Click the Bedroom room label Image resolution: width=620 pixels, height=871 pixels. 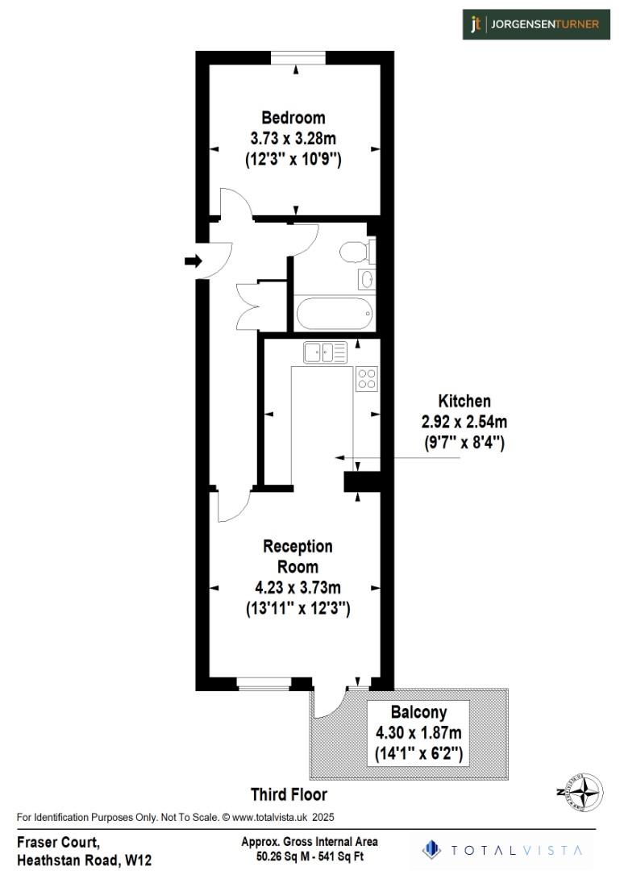pos(293,119)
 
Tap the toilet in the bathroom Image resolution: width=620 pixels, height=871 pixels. pos(354,252)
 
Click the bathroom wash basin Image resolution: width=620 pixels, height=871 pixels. pos(365,280)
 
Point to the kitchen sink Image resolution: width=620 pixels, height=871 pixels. pos(325,352)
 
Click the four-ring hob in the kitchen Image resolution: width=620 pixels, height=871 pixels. pos(367,378)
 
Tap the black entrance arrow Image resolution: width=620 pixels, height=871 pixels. pos(193,260)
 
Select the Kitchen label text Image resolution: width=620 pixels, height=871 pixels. pos(464,401)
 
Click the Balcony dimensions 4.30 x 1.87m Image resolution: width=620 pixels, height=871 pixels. pos(418,733)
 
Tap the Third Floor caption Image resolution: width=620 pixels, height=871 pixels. pos(289,794)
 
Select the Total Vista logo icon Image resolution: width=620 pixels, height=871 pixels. pos(433,849)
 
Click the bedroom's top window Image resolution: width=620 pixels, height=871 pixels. pos(298,56)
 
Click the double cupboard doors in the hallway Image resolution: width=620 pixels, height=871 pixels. pos(251,304)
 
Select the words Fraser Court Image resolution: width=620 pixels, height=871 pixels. pos(58,843)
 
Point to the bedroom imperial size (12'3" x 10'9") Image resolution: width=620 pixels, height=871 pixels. pos(293,160)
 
